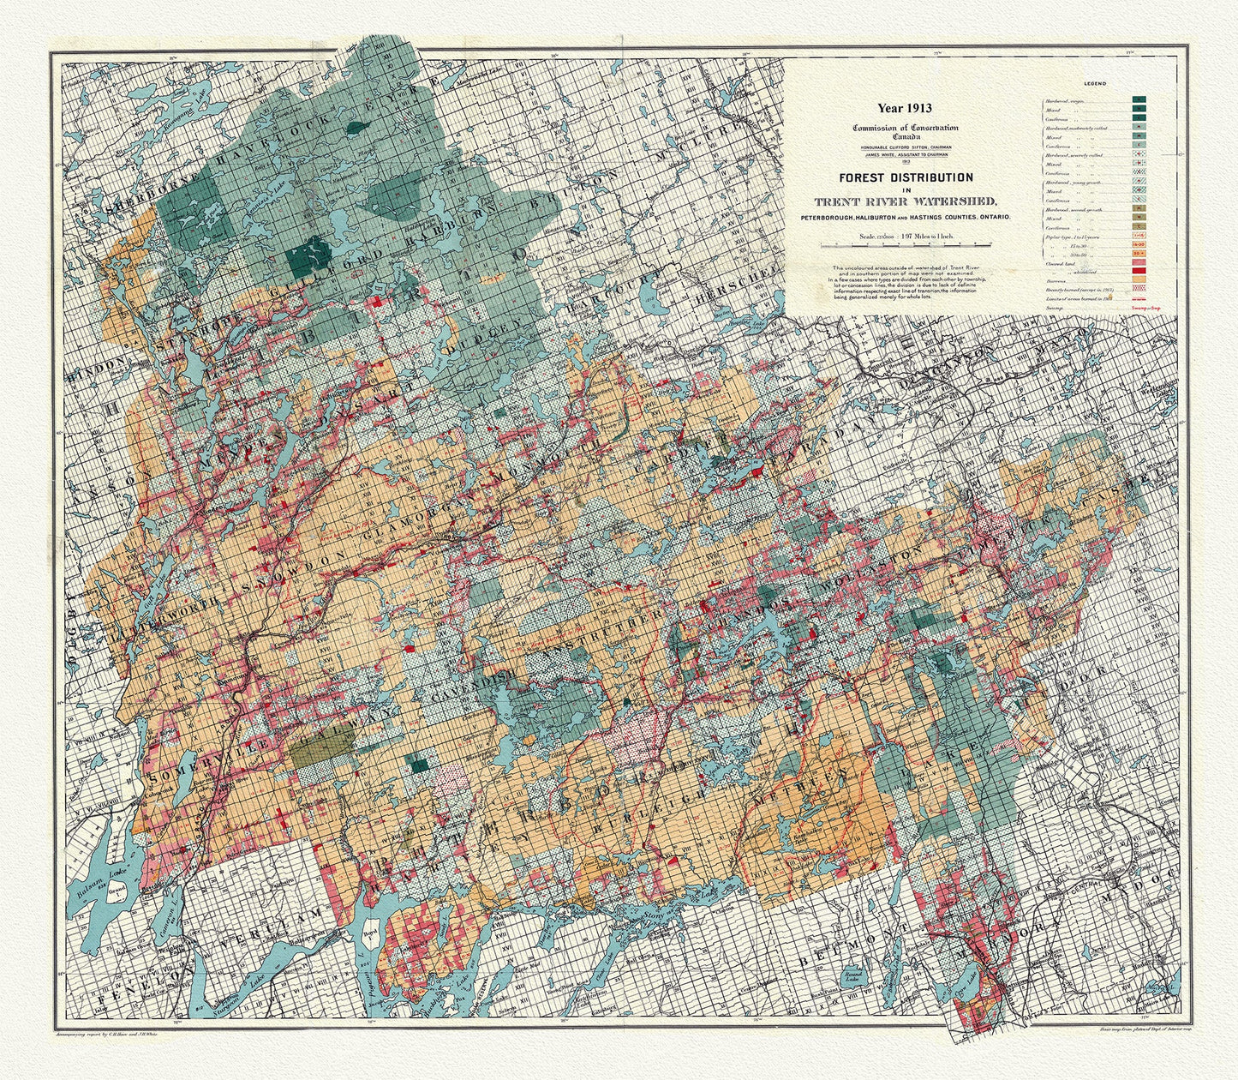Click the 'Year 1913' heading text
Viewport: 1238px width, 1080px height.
point(903,108)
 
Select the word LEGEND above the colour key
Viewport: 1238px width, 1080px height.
point(1094,83)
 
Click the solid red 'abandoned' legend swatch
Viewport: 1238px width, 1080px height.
point(1140,270)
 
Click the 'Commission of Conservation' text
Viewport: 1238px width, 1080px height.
point(905,128)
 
